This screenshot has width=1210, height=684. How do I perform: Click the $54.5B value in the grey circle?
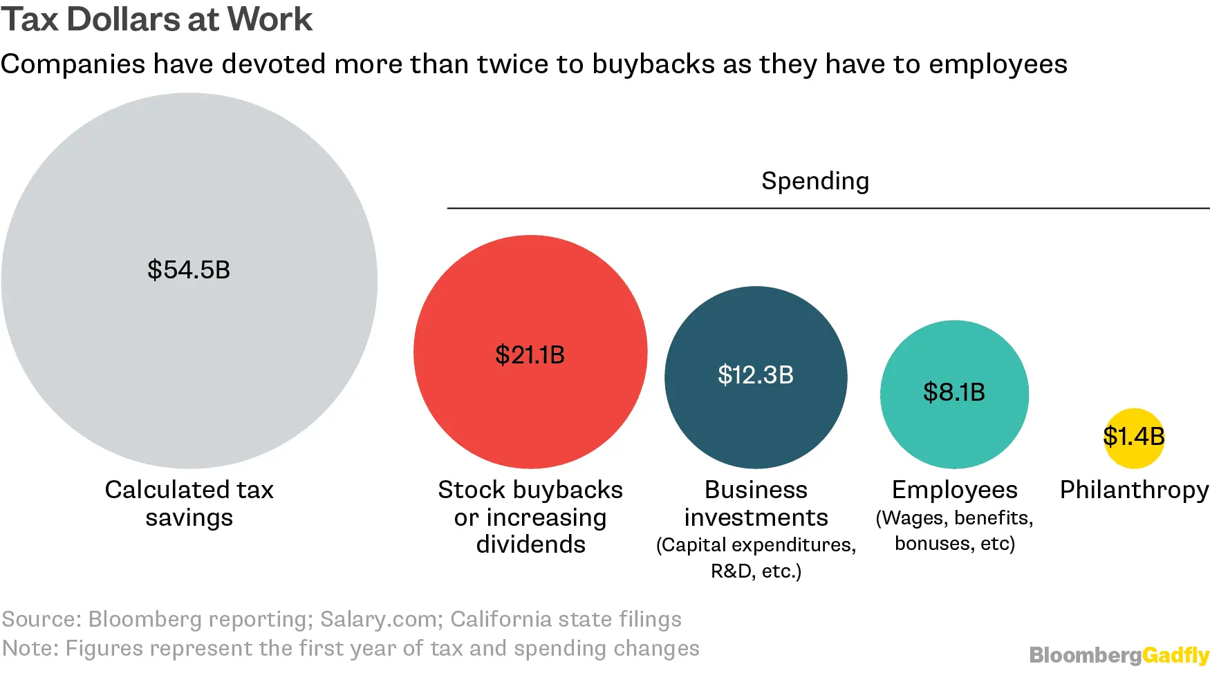click(189, 269)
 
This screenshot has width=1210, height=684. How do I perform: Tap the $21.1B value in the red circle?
click(530, 355)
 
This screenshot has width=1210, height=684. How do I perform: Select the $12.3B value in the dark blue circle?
click(756, 375)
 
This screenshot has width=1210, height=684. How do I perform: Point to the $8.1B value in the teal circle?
click(954, 392)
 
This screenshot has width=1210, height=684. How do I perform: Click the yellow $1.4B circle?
click(1134, 437)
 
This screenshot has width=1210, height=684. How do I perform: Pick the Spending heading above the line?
click(815, 181)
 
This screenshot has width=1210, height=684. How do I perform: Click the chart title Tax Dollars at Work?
click(157, 19)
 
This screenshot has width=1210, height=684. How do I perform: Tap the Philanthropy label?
click(1134, 490)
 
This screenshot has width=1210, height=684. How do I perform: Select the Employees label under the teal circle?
click(954, 490)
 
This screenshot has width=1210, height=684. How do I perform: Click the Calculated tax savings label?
click(189, 504)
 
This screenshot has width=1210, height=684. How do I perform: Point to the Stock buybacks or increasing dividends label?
click(530, 517)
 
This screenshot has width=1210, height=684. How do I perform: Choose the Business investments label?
click(756, 504)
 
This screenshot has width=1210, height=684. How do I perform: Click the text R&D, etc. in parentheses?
click(756, 571)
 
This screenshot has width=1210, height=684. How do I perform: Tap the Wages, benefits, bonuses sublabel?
click(954, 531)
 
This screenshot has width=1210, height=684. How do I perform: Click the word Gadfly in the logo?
click(1175, 655)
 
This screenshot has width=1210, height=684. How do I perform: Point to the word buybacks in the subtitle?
click(653, 64)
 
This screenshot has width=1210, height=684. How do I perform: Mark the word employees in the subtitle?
click(998, 64)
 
